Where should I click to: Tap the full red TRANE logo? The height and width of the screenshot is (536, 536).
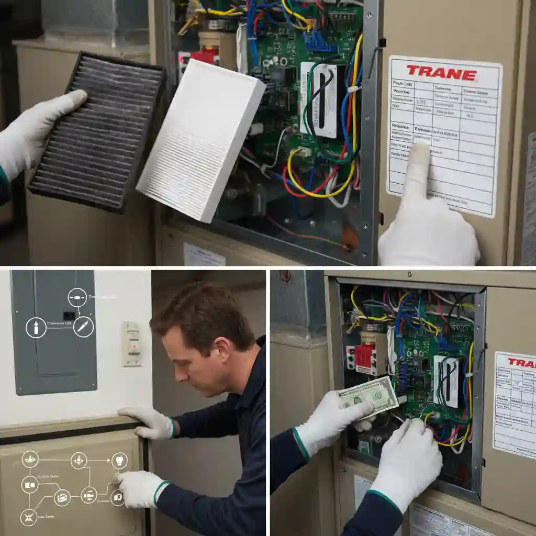441,73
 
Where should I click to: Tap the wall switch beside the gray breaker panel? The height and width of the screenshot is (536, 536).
131,344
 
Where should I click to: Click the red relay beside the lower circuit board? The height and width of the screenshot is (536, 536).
364,356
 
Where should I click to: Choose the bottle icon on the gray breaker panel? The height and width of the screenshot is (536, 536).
36,328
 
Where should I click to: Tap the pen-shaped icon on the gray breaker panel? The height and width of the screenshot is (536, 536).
84,327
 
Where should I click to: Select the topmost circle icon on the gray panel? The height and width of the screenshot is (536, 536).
77,297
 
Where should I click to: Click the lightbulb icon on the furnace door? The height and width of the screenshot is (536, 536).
119,461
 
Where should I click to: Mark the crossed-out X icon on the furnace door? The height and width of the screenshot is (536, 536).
29,517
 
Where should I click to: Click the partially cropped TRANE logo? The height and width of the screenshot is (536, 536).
521,363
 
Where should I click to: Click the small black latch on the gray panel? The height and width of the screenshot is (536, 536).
69,315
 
